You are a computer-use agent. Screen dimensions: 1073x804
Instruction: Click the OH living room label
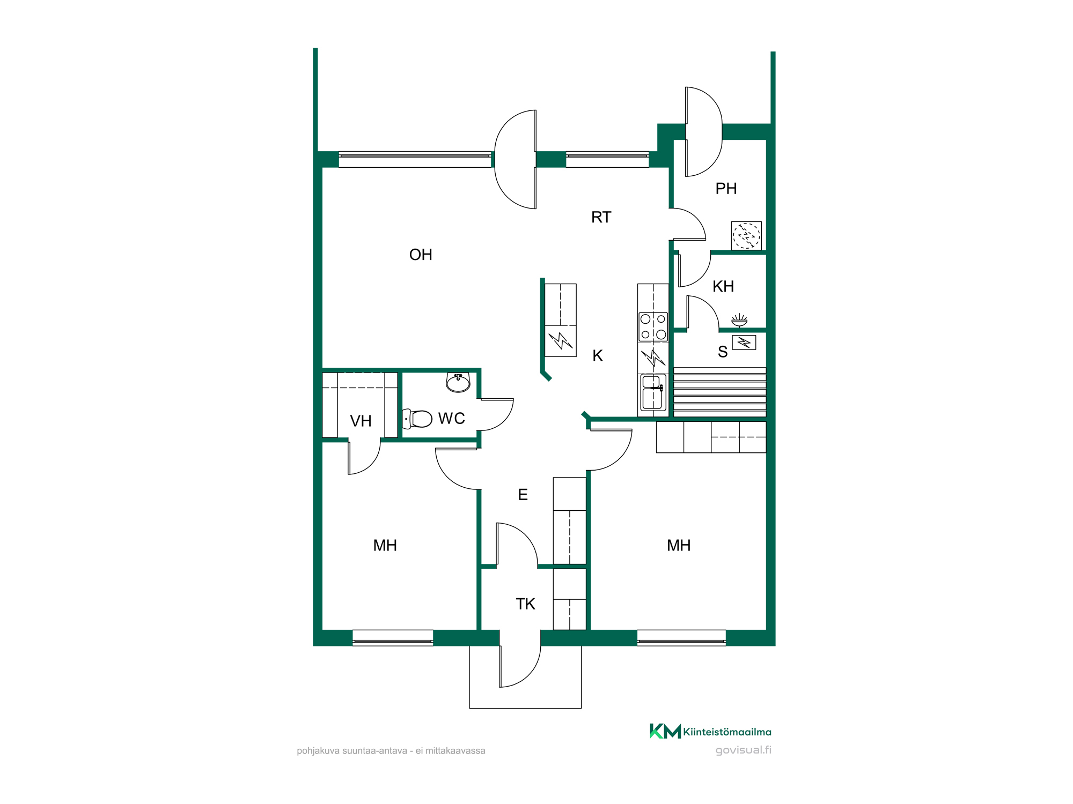point(421,255)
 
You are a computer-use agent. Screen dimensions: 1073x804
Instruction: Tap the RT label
point(601,217)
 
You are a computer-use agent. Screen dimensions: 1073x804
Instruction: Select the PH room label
point(726,189)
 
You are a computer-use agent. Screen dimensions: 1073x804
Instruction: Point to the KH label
point(723,287)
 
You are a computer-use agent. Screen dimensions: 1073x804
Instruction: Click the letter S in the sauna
point(723,352)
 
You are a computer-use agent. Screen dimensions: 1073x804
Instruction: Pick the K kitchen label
point(598,356)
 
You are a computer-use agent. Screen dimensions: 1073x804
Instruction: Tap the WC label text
point(451,419)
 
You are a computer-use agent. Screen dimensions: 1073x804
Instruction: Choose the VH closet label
point(361,421)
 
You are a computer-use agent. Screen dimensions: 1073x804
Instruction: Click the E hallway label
point(523,495)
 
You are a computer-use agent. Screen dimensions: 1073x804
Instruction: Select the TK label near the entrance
point(525,604)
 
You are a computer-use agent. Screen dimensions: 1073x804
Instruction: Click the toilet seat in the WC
point(417,419)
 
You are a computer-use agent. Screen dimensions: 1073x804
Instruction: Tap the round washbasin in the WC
point(458,383)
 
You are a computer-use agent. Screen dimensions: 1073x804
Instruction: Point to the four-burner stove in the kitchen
point(653,327)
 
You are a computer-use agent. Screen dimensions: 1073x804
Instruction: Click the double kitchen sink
point(653,392)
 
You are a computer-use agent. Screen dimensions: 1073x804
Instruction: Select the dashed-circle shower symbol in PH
point(746,235)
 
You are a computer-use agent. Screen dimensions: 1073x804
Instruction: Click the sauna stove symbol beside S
point(744,342)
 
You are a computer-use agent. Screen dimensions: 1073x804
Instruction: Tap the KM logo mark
point(665,731)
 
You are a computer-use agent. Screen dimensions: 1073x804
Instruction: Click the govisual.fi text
point(743,750)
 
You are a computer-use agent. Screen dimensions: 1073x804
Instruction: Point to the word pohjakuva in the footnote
point(318,751)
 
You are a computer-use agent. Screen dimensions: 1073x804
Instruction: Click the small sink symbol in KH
point(739,320)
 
